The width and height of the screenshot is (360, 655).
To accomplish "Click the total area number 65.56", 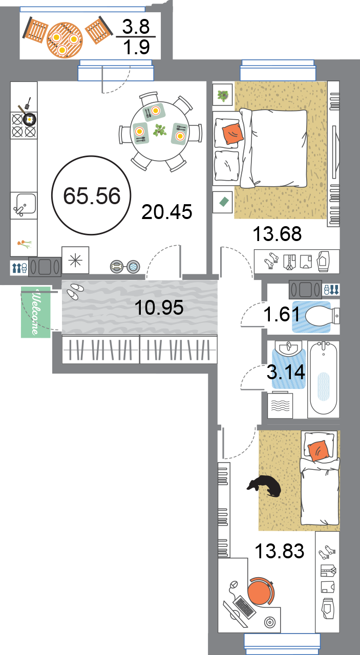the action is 92,195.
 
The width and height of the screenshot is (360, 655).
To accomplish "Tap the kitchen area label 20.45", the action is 167,212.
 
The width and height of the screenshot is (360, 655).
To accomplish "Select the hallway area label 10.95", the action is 159,308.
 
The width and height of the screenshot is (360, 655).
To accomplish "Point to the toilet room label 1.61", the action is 282,314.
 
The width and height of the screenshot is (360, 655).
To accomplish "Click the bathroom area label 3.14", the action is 286,372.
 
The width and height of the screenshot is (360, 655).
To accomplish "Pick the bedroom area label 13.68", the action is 277,234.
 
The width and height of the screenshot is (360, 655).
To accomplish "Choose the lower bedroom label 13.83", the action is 280,551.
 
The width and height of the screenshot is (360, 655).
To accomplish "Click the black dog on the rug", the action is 265,486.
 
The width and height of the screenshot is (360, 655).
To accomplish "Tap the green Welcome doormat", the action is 36,312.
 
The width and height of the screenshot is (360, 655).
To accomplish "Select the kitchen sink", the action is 24,205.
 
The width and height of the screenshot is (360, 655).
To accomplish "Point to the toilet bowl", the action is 322,316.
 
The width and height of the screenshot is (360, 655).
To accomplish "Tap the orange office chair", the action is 261,591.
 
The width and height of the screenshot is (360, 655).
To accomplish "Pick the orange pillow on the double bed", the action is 232,134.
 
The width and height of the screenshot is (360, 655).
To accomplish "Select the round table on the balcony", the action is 65,40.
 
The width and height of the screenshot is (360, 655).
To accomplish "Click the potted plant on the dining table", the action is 160,130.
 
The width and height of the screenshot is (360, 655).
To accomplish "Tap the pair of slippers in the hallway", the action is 75,291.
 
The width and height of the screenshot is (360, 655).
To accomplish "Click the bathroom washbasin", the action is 289,348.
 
